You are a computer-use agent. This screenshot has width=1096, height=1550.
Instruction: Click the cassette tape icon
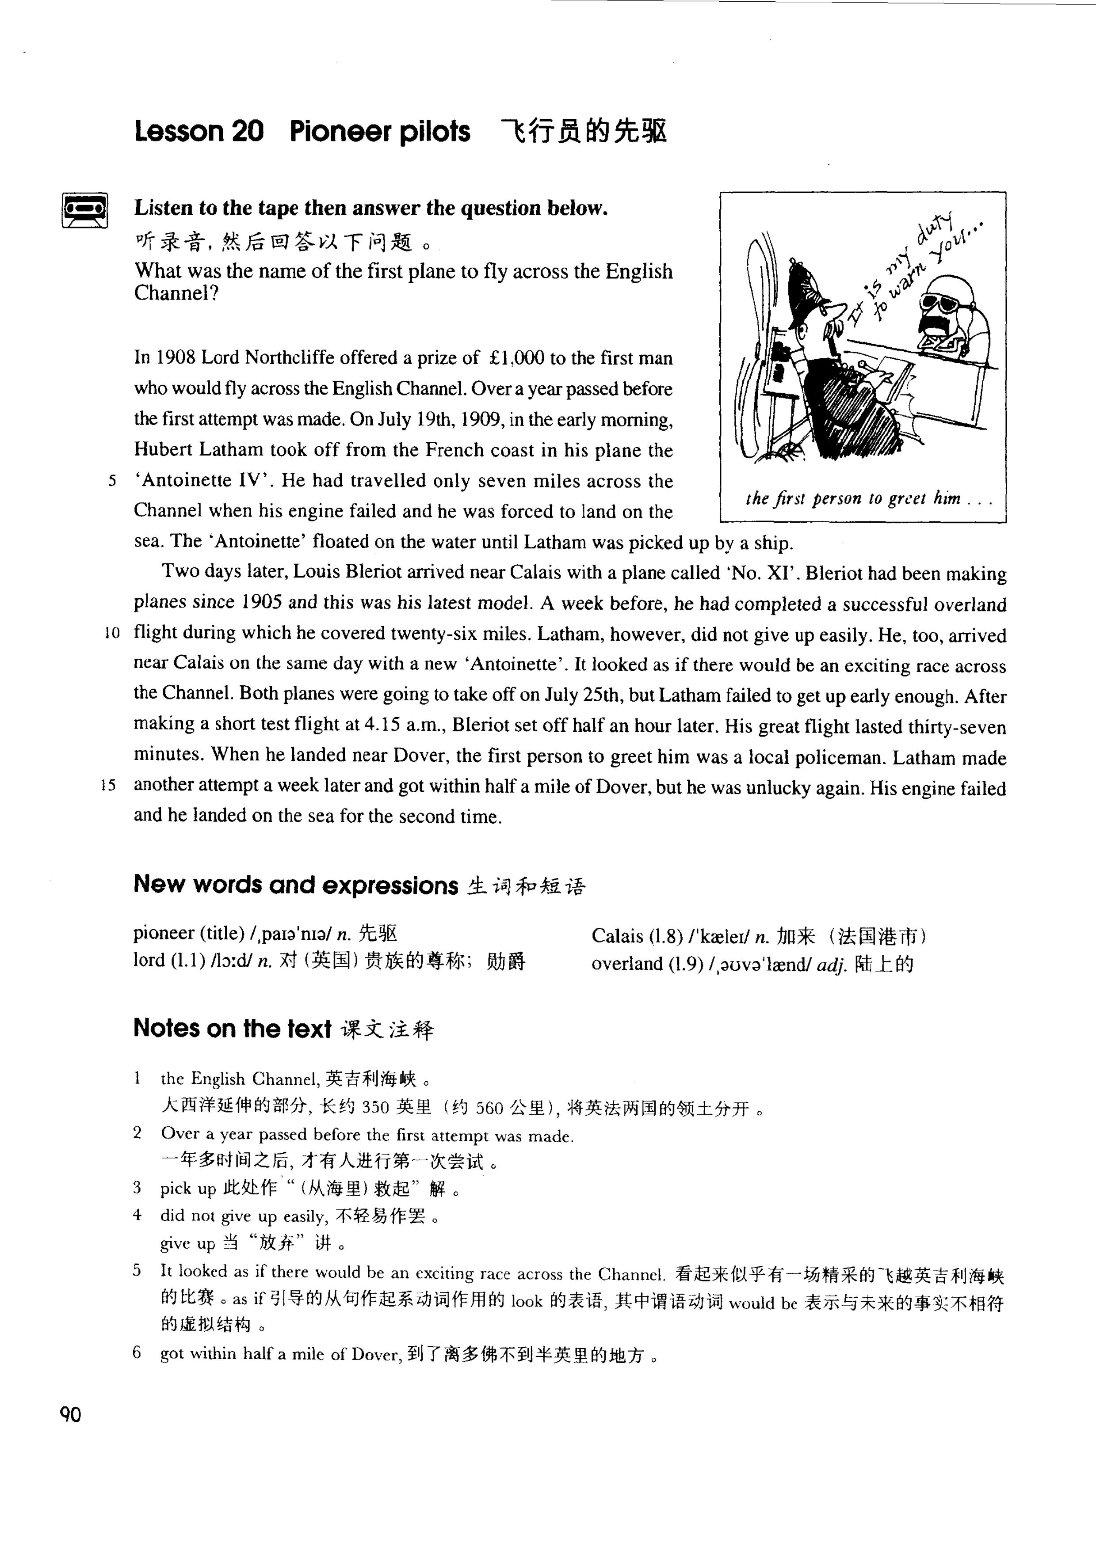click(84, 210)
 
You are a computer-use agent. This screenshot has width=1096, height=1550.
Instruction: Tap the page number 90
click(70, 1413)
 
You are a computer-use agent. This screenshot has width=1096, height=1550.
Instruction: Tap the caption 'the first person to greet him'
click(854, 499)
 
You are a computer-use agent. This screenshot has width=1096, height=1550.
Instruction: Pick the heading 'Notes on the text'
click(232, 1028)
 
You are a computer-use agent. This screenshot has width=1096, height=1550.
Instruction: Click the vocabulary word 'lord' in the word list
click(149, 960)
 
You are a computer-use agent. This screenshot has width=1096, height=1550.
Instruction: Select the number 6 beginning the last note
click(137, 1353)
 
